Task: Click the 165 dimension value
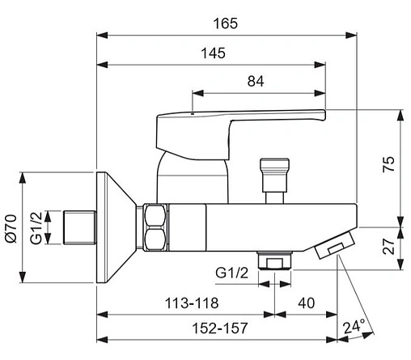point(226,23)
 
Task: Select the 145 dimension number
point(213,53)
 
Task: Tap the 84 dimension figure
point(256,81)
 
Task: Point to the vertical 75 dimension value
point(388,163)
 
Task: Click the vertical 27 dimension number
point(388,246)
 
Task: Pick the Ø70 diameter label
point(11,229)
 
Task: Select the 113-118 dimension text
point(192,303)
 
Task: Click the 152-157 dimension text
point(220,328)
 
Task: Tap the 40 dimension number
point(306,303)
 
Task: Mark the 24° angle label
point(354,326)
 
